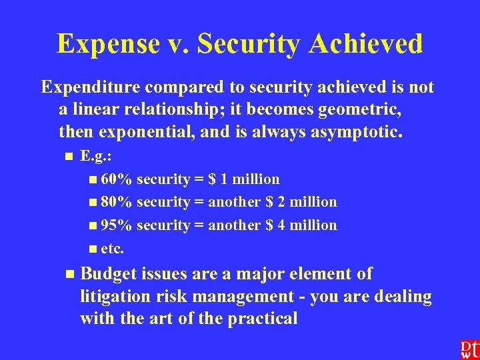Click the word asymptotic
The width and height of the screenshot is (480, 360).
[349, 131]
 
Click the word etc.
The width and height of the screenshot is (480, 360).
[112, 249]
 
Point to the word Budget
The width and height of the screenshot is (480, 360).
[107, 274]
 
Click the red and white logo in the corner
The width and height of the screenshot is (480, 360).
[469, 349]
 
